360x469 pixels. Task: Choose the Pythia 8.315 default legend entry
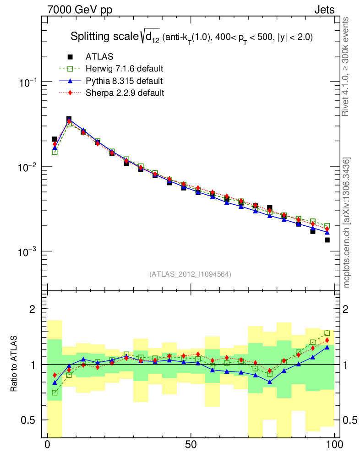pos(124,81)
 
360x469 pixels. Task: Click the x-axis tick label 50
pos(191,445)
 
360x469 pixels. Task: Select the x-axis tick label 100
pos(334,445)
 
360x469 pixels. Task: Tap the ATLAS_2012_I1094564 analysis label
pos(190,274)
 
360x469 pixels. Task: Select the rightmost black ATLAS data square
pos(327,240)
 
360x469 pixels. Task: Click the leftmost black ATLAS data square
pos(55,139)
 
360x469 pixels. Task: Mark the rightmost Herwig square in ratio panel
pos(327,333)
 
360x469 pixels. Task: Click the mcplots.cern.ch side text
pos(347,222)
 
